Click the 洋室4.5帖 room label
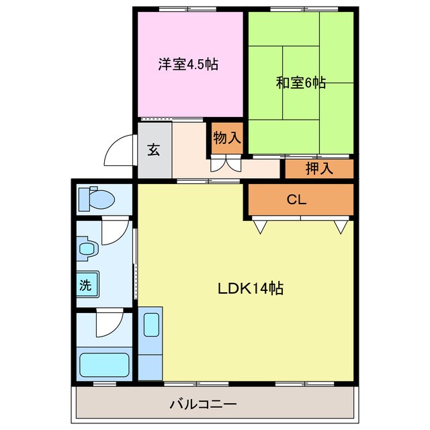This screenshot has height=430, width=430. coord(189,65)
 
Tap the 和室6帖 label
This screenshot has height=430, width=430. coord(301,83)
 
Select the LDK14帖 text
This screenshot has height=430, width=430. coord(250,289)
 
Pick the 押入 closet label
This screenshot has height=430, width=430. coord(319,169)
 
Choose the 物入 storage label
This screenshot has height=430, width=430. coord(226,138)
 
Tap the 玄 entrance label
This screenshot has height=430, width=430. coord(154,150)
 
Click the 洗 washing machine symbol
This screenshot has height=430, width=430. coord(86,284)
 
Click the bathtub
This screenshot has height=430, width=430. coord(104,365)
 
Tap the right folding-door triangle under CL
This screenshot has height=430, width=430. coord(341,227)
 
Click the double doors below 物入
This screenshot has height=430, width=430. coord(226,164)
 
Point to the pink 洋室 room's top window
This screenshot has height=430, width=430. coord(179,8)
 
